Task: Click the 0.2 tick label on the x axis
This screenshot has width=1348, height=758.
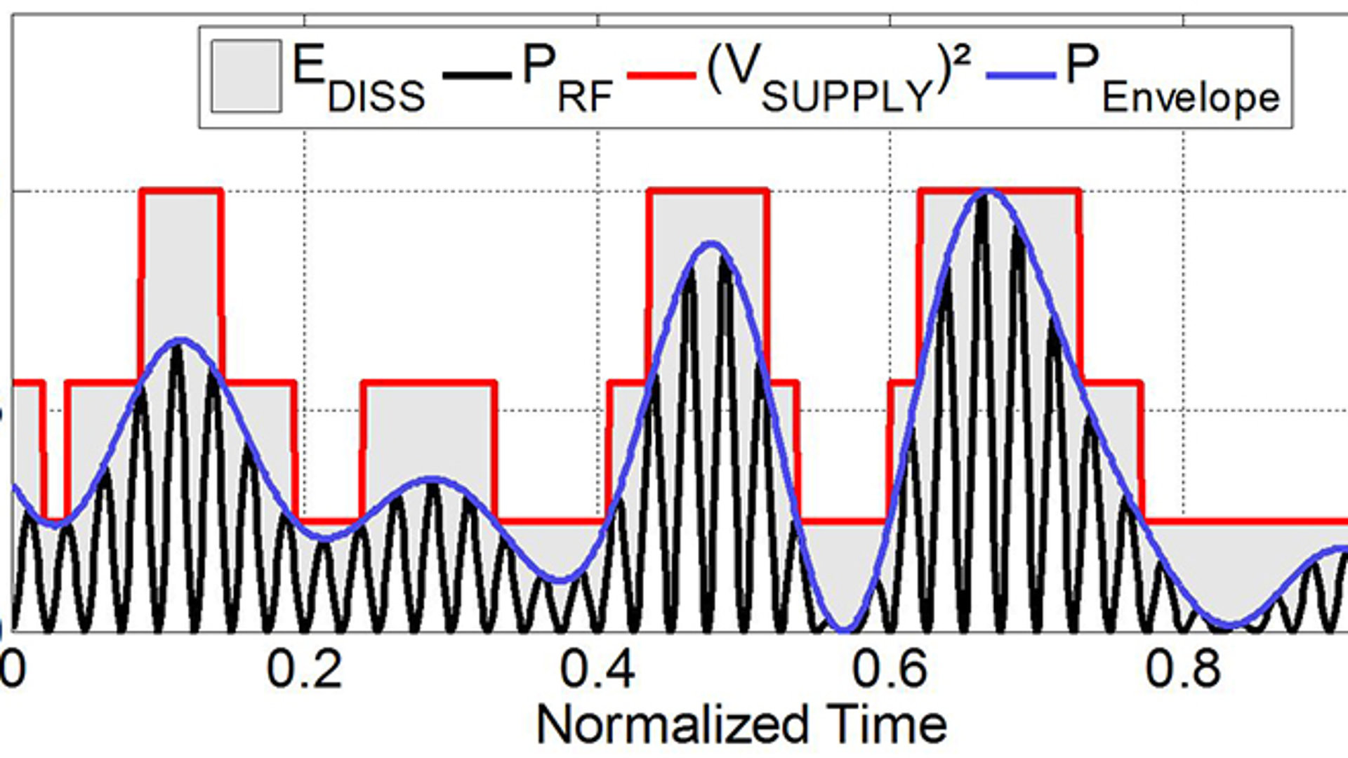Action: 305,669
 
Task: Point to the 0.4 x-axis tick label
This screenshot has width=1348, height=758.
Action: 597,669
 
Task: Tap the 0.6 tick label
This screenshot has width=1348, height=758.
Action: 890,669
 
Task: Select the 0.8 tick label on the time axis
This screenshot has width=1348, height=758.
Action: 1183,669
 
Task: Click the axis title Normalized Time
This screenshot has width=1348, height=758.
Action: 741,724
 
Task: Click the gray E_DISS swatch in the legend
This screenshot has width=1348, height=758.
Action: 246,76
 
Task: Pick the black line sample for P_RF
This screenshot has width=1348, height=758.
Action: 477,74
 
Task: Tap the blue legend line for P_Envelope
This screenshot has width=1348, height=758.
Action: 1022,74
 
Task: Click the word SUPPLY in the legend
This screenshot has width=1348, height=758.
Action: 847,96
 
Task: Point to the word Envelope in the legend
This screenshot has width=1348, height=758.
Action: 1191,98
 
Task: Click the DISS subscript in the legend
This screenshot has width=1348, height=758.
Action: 376,96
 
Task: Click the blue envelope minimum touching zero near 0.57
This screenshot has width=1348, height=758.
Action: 842,628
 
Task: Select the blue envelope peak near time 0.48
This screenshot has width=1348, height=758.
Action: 712,244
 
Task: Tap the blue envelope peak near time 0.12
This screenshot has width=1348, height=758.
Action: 181,340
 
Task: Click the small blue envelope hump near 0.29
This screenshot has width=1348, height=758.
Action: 433,480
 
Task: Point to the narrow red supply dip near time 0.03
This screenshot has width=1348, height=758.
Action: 55,518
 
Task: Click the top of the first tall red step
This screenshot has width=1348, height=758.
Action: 182,191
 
